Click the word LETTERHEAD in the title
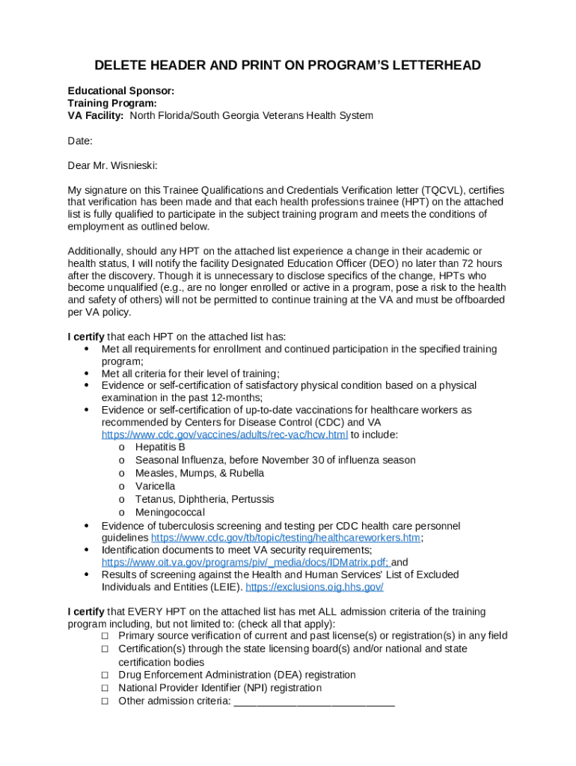432,66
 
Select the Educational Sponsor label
121,91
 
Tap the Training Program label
112,103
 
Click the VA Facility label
96,116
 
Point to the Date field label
80,141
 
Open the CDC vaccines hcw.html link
224,435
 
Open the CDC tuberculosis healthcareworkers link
286,538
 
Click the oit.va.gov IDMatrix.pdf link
245,563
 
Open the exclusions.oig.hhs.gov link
314,587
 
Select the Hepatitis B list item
160,447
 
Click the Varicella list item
155,486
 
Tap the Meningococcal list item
170,512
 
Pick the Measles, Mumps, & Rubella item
199,474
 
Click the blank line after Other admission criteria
314,702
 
